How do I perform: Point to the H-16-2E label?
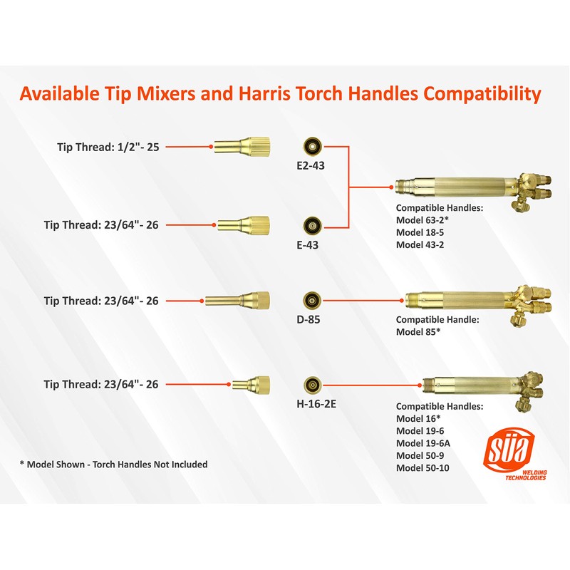coord(312,403)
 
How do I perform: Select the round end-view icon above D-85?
coord(311,300)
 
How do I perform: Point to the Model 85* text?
coord(419,331)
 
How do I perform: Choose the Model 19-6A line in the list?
coord(423,442)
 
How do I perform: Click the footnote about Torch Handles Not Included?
coord(114,464)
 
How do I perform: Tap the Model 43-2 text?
coord(421,244)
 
